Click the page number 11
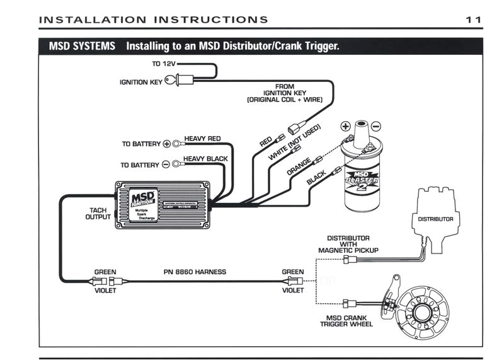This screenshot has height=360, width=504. click(474, 20)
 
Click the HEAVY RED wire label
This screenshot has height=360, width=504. click(202, 138)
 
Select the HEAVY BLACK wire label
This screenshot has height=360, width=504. click(205, 159)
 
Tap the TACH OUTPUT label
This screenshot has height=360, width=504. click(98, 213)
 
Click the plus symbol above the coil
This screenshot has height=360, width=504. click(346, 125)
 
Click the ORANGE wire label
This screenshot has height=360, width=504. click(299, 166)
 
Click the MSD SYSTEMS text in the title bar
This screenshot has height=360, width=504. click(82, 46)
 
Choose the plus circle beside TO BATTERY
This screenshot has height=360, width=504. click(166, 144)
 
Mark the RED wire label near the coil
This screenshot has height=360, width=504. click(266, 142)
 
